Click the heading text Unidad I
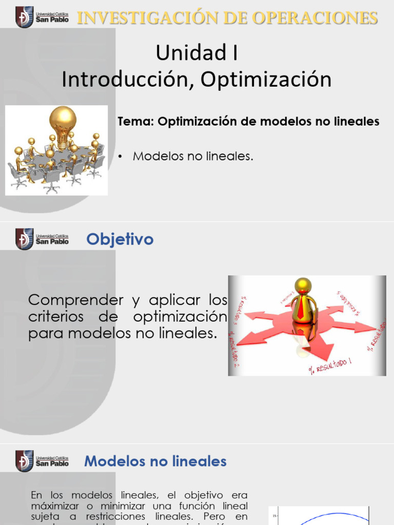click(x=196, y=53)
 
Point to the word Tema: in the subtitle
click(x=136, y=122)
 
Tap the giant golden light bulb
click(x=63, y=123)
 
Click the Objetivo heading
click(x=120, y=239)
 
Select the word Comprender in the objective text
click(x=76, y=299)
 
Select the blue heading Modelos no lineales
click(x=155, y=461)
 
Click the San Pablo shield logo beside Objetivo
click(x=24, y=239)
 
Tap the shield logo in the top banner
click(x=24, y=17)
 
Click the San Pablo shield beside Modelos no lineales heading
click(x=24, y=461)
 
